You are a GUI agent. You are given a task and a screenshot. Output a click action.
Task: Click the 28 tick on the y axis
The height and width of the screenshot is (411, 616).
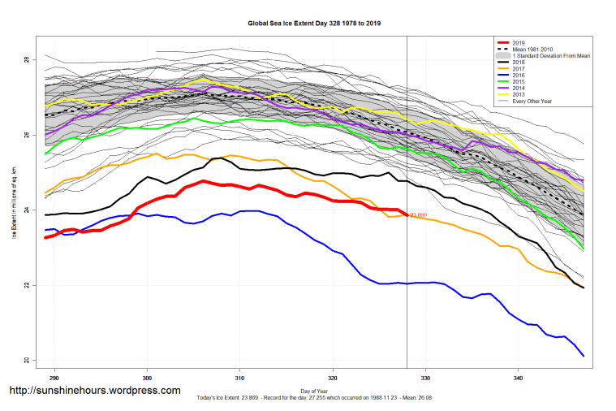pyautogui.click(x=28, y=60)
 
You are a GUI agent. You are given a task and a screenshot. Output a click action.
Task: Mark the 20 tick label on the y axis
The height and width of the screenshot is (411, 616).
pyautogui.click(x=28, y=361)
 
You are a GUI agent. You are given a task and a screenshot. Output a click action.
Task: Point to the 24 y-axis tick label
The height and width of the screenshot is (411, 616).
pyautogui.click(x=28, y=210)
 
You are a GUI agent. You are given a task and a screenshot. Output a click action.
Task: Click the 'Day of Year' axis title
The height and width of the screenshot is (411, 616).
pyautogui.click(x=314, y=392)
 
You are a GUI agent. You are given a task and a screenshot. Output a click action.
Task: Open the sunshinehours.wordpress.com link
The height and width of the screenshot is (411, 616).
pyautogui.click(x=94, y=391)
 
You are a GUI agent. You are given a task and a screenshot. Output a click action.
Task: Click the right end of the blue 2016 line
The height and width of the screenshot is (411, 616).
pyautogui.click(x=583, y=356)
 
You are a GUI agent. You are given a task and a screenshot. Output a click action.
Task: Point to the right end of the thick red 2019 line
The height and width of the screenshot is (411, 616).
pyautogui.click(x=406, y=214)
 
